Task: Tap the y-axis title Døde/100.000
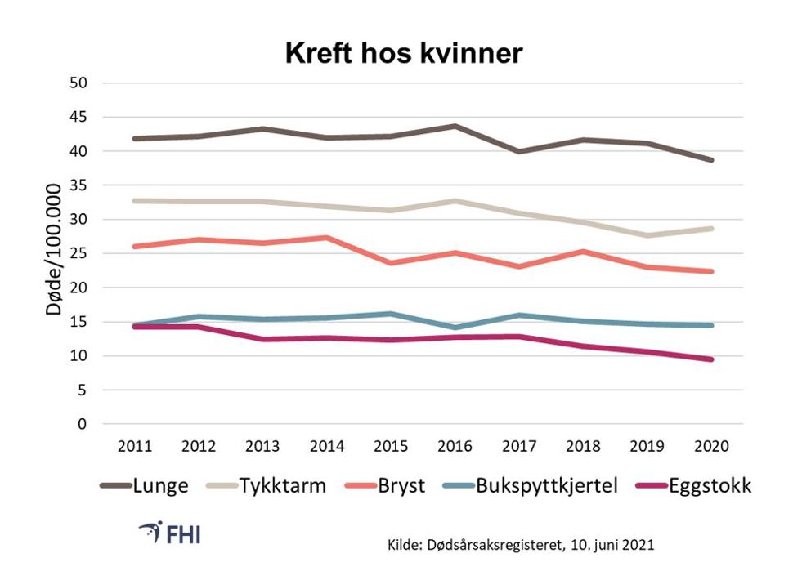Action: pos(54,254)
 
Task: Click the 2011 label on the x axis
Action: pos(134,448)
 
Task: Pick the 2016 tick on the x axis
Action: pos(455,448)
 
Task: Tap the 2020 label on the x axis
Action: pos(712,448)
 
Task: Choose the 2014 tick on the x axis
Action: pos(327,448)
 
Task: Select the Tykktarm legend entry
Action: pos(270,486)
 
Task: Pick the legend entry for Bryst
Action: pos(390,486)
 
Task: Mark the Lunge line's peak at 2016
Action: pos(455,126)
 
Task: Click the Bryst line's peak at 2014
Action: pos(327,238)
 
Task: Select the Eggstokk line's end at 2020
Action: pos(712,359)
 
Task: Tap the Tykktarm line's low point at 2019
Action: pos(648,235)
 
